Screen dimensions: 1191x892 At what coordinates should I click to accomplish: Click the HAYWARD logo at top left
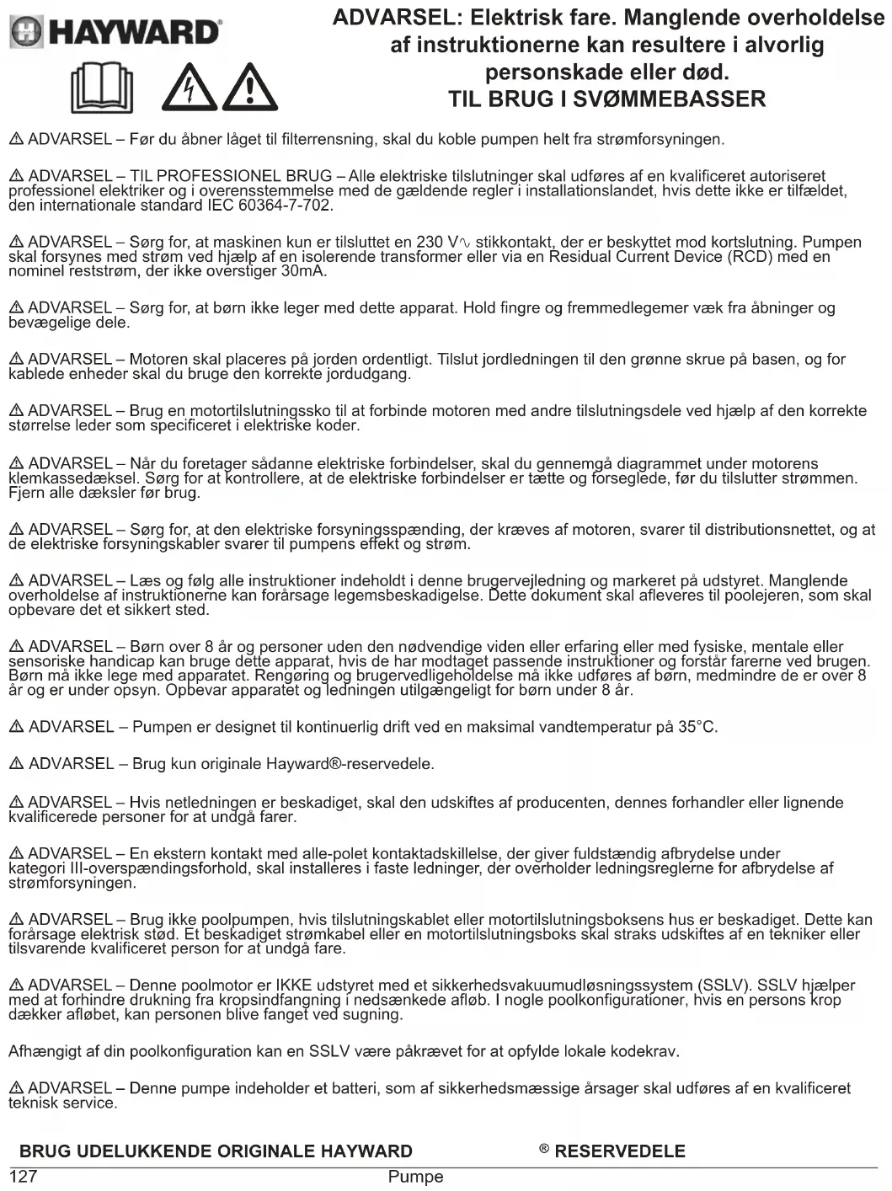(x=115, y=32)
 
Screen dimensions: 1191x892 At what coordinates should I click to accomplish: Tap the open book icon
(x=102, y=88)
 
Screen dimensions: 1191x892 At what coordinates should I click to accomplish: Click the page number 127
(x=23, y=1177)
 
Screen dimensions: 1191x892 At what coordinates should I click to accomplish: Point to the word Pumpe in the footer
(x=415, y=1177)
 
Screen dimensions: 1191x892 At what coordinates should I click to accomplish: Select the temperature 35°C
(x=697, y=727)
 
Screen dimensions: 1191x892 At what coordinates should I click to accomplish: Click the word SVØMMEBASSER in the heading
(x=669, y=99)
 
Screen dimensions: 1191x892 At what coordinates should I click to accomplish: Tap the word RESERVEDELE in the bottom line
(x=620, y=1151)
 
